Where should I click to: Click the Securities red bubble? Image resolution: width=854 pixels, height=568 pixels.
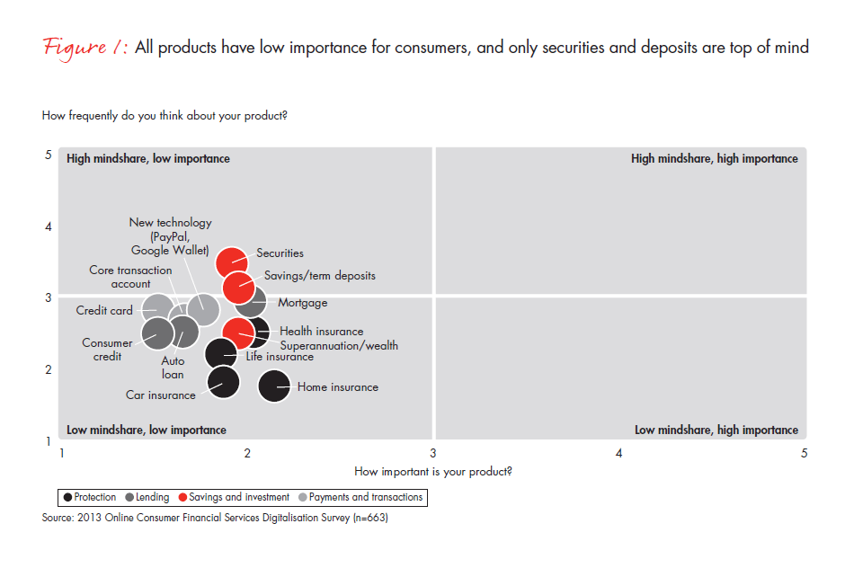(232, 263)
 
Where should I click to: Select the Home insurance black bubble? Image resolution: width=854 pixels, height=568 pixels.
(274, 386)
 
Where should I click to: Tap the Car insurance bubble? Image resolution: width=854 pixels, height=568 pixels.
(223, 382)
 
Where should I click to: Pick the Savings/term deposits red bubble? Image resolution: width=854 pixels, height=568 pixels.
(238, 287)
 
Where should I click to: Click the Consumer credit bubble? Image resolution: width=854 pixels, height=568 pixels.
(158, 333)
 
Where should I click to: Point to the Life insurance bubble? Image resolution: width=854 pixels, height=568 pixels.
(221, 353)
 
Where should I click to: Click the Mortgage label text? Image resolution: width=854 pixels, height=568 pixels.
(303, 303)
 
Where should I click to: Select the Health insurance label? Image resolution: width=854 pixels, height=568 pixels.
(321, 331)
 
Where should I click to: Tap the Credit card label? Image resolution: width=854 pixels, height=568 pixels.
(104, 310)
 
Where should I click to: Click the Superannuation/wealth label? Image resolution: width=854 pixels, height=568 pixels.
(339, 345)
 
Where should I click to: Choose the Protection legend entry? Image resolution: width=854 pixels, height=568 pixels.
(90, 497)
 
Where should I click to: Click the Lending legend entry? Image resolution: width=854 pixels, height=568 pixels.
(147, 497)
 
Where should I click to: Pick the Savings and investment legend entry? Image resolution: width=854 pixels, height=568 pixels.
(235, 497)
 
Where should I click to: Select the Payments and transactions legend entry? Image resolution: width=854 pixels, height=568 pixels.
(360, 497)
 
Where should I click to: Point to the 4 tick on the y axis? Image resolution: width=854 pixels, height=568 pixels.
(49, 226)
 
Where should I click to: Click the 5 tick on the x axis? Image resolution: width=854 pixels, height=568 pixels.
(804, 453)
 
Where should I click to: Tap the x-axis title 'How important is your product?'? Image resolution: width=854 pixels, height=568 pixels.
(433, 472)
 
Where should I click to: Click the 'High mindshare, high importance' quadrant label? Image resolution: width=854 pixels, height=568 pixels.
(715, 158)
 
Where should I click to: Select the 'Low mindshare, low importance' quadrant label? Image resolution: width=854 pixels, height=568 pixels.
(147, 430)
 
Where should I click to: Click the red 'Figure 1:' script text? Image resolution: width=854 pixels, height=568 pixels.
(85, 48)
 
